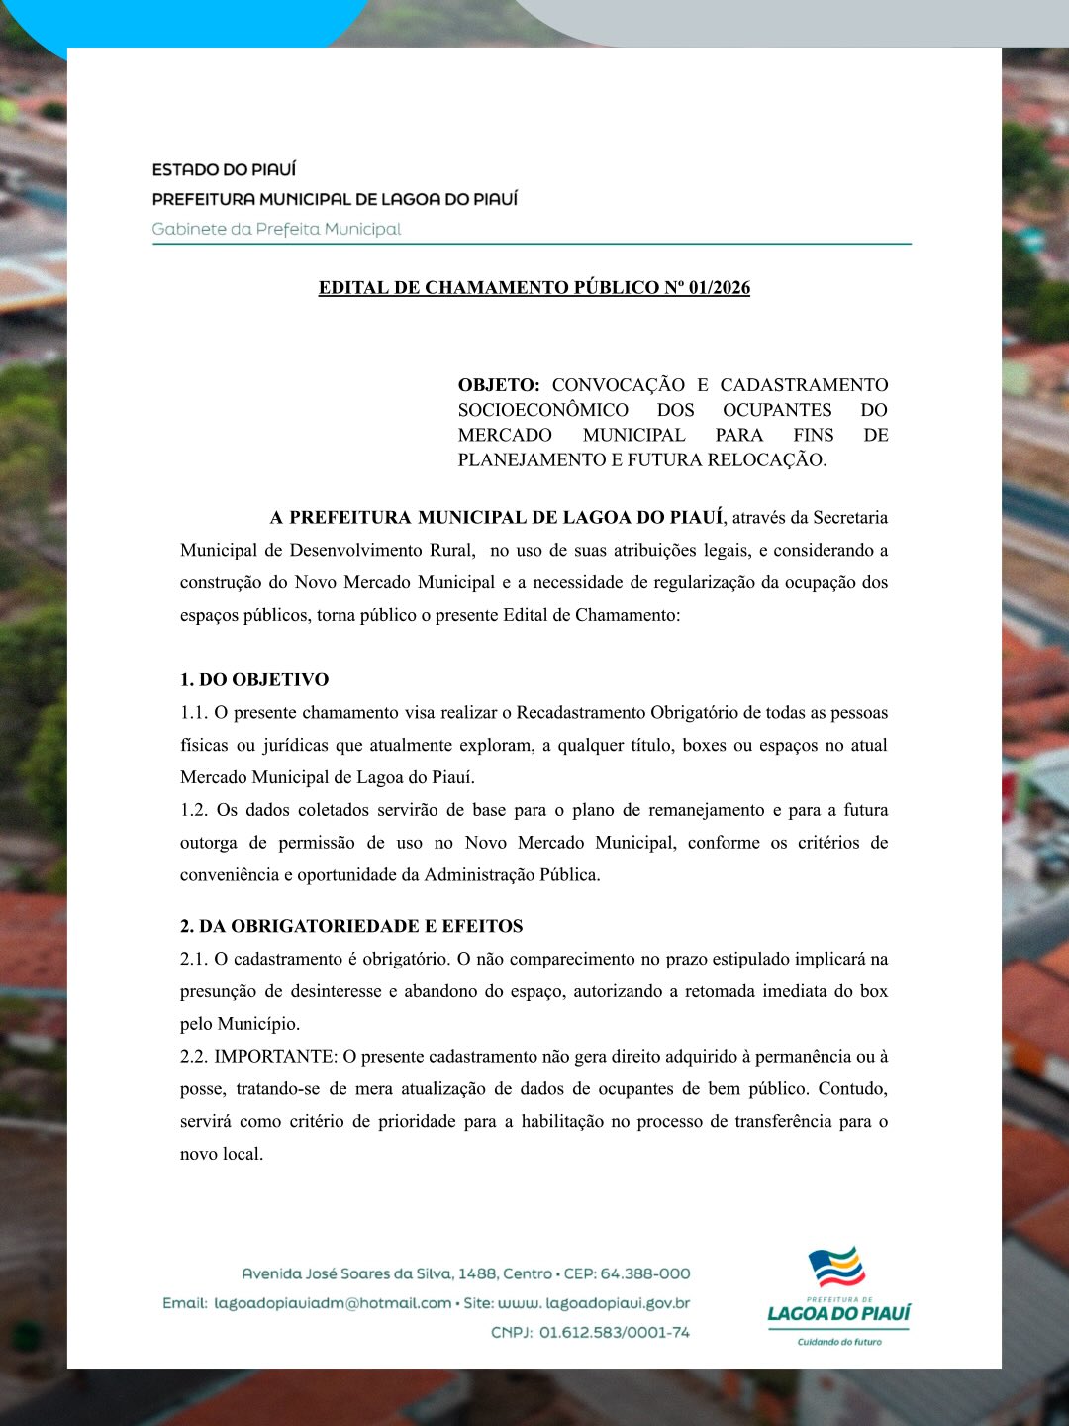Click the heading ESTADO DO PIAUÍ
(x=224, y=170)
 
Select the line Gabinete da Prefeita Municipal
(x=276, y=229)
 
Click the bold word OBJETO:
(x=499, y=385)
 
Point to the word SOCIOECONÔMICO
(x=542, y=410)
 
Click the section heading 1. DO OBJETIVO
(x=254, y=680)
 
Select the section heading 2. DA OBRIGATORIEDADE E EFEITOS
(x=351, y=927)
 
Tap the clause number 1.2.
(x=193, y=810)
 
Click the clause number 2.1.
(x=193, y=959)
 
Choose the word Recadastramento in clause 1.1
(x=581, y=713)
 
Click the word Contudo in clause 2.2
(x=852, y=1089)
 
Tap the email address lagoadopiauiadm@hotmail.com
(x=333, y=1303)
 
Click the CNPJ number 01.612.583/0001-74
(x=615, y=1333)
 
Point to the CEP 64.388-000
(x=644, y=1274)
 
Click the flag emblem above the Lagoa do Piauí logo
(x=836, y=1269)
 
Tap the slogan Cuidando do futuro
(x=839, y=1342)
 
